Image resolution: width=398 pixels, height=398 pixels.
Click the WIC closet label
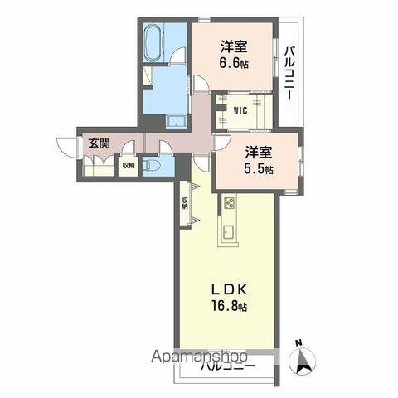(240, 109)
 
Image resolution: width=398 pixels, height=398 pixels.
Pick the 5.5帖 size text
(260, 168)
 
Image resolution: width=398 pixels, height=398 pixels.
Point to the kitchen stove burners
(230, 202)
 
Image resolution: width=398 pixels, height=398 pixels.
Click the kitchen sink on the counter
(228, 229)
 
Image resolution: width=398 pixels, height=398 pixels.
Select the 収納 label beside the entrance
(128, 165)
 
